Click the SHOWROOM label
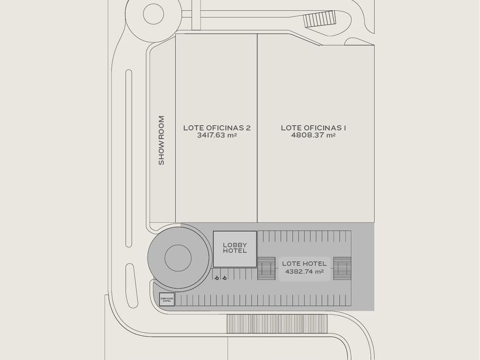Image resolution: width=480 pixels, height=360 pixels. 161,141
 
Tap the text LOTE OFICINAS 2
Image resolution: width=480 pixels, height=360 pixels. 217,128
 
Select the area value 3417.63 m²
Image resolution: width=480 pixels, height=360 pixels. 217,136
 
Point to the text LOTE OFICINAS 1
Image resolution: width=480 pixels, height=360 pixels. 314,128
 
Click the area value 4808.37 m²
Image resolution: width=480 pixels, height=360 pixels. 314,136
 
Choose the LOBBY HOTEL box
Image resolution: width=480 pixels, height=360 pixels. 235,249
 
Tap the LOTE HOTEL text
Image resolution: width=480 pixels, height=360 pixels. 305,263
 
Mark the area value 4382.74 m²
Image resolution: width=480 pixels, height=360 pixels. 303,272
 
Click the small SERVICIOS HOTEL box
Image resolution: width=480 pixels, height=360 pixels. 167,299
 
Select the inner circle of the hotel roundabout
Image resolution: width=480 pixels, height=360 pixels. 178,258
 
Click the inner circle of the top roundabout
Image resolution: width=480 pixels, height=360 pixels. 153,14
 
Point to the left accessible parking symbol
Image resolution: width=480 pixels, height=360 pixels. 217,278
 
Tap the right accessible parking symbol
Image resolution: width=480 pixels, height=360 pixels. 225,278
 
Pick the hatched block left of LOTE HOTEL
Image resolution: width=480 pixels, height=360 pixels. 266,267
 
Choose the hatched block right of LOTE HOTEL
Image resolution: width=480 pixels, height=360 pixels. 342,267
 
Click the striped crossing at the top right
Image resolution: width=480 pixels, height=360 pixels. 318,19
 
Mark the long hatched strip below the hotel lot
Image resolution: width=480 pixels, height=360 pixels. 278,324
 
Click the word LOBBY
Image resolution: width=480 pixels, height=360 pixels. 235,245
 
